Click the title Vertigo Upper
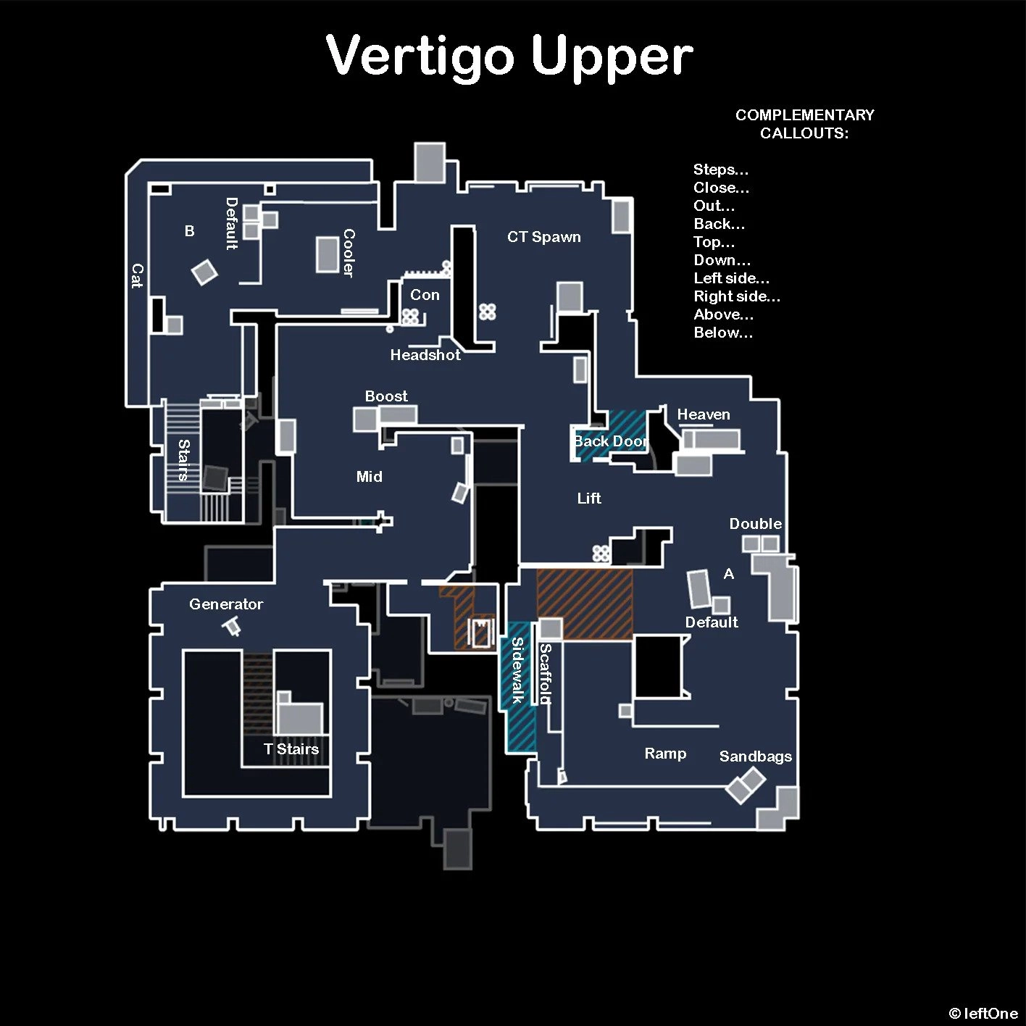509,57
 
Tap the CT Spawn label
543,237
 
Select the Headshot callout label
425,355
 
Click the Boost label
386,396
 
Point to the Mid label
369,477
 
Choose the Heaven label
703,414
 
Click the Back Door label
609,441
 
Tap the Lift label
589,499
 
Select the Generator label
225,604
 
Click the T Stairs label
291,749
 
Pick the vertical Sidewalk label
517,670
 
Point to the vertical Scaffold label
546,674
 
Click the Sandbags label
755,756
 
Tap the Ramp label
665,754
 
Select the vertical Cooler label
349,253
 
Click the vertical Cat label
137,276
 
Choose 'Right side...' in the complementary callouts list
737,296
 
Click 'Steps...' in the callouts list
721,170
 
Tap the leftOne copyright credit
983,1014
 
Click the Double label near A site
755,524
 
